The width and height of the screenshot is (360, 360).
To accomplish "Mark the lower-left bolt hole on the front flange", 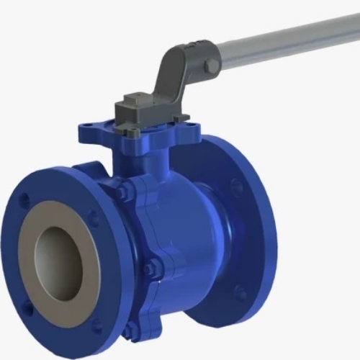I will click(29, 308).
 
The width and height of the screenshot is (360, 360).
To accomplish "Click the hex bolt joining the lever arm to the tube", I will click(211, 66).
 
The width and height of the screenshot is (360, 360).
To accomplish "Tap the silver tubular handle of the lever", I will click(288, 40).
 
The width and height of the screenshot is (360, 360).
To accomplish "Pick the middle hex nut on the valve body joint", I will click(150, 270).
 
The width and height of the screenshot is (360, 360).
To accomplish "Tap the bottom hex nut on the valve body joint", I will click(130, 330).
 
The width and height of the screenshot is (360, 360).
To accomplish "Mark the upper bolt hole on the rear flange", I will click(236, 189).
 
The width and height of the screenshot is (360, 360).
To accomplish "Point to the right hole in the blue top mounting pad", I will click(191, 130).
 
